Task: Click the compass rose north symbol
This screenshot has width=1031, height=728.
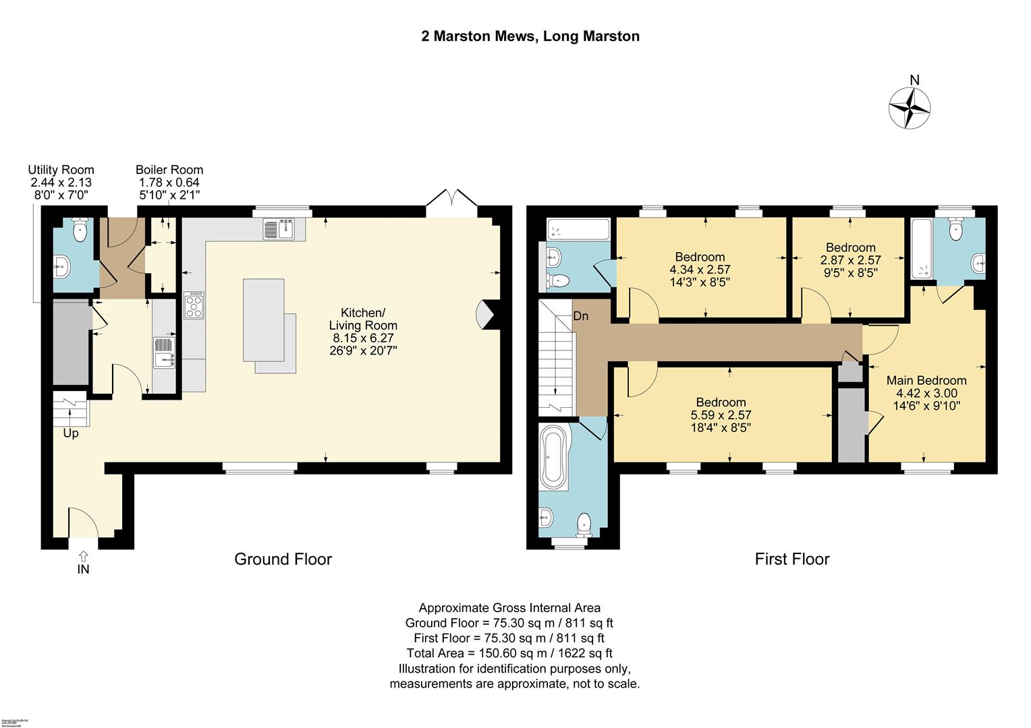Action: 909,107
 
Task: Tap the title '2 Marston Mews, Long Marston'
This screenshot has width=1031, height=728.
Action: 530,36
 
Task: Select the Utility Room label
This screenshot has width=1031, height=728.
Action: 61,170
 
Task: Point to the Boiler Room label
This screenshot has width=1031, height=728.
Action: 169,170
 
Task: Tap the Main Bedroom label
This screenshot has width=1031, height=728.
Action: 926,380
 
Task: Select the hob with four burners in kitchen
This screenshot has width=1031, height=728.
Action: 194,305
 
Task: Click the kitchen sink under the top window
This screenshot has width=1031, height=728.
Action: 279,229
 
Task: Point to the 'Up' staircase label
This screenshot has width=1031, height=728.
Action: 71,433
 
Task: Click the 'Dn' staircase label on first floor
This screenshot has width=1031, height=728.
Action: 580,315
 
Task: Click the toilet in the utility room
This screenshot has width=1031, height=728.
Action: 80,230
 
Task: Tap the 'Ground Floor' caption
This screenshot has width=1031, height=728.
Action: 283,559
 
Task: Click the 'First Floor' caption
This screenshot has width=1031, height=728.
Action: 791,559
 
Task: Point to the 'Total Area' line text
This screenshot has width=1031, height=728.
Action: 509,653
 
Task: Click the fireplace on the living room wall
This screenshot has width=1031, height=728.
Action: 487,315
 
